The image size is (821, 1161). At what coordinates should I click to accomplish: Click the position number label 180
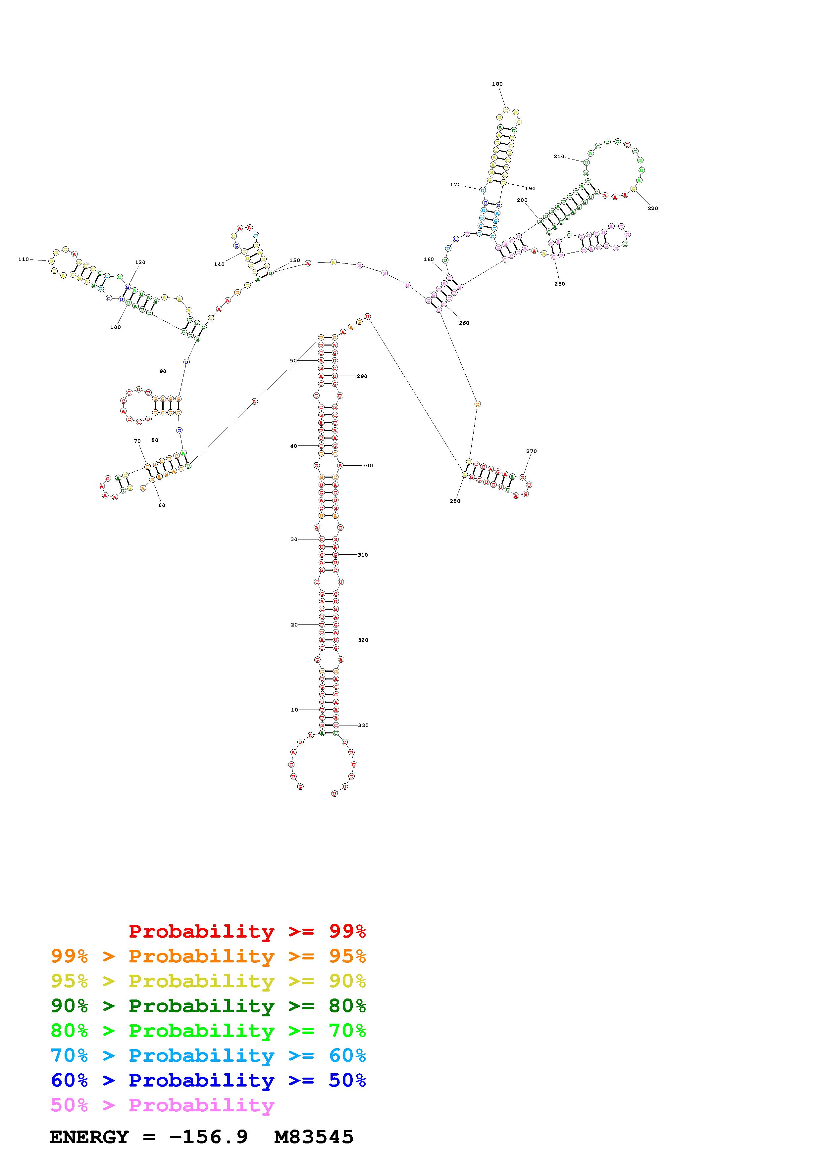pos(497,84)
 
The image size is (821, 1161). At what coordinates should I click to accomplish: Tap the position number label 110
pos(23,259)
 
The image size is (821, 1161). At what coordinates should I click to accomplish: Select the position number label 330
pos(363,725)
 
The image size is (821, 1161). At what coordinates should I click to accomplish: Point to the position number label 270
pos(531,451)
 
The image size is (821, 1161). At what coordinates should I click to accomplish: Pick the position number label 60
pos(162,505)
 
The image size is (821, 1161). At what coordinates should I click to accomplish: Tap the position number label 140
pos(219,264)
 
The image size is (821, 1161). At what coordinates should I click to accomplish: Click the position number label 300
pos(368,465)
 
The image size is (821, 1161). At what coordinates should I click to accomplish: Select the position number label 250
pos(559,284)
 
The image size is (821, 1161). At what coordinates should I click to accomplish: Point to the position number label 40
pos(293,446)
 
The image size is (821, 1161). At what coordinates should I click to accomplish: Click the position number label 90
pos(163,371)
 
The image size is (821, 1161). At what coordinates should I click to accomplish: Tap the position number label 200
pos(522,200)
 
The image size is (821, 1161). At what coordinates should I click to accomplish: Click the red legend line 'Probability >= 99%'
pos(247,931)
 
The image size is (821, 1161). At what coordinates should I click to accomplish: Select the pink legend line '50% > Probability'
pos(162,1105)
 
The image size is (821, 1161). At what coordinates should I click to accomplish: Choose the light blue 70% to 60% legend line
pos(208,1055)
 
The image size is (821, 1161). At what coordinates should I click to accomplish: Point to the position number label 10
pos(294,710)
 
